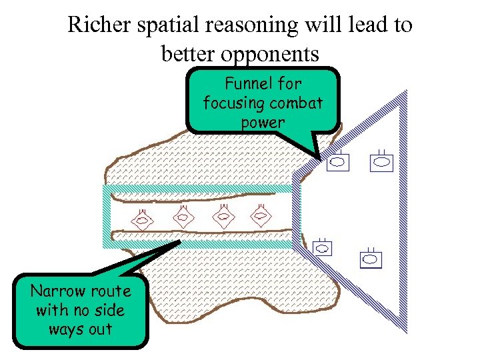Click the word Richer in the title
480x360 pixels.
[95, 25]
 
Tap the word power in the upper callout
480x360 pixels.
[263, 123]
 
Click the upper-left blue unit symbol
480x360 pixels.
[338, 161]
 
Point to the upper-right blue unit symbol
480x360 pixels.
[381, 160]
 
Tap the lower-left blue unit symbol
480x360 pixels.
[323, 248]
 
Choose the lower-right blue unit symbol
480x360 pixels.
[371, 258]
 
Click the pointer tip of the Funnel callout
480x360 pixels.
[321, 160]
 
